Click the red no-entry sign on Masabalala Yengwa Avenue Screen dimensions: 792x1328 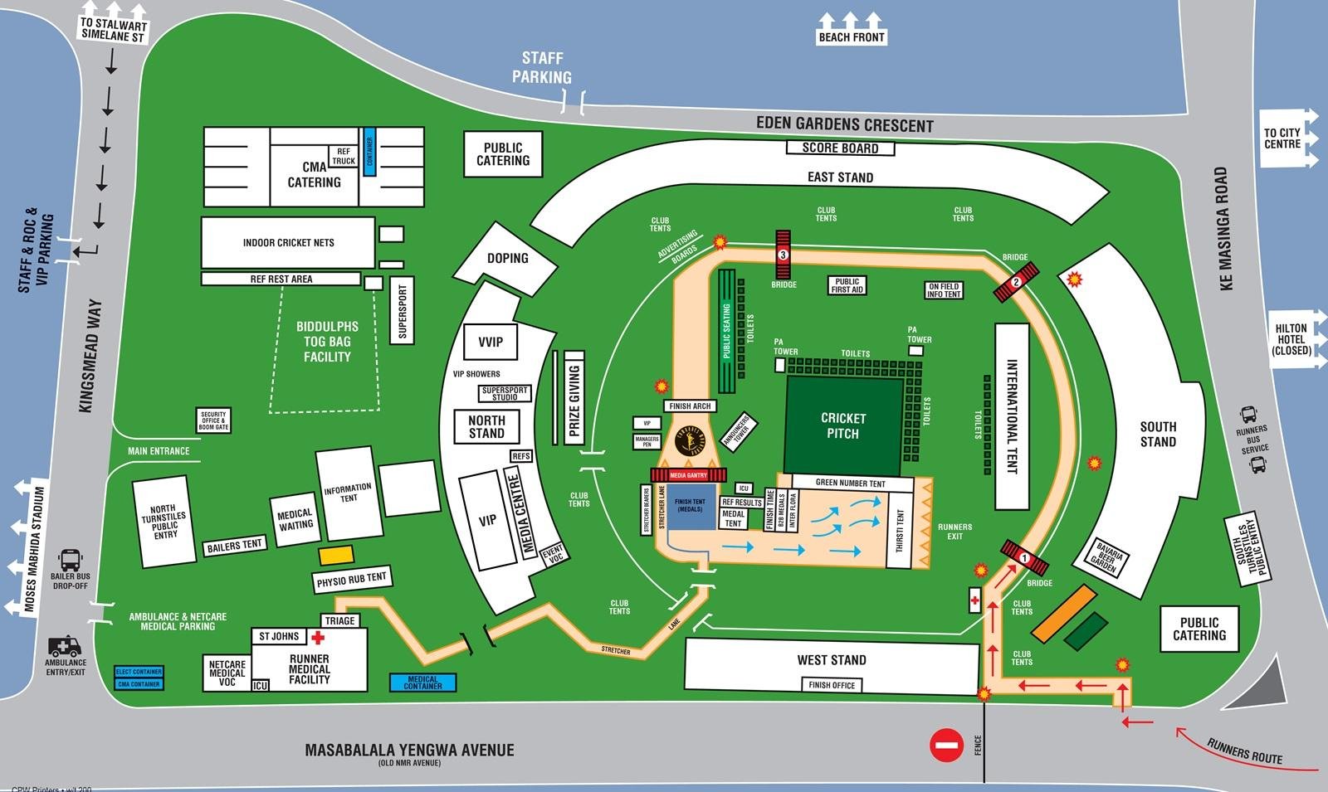pos(946,745)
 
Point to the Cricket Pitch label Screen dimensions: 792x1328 pos(843,425)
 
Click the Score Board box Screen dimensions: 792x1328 pos(840,148)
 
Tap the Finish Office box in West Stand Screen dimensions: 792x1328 pos(831,685)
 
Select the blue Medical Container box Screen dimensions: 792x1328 pos(422,683)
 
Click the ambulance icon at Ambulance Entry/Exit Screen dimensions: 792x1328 pos(64,646)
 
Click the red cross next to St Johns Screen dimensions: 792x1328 pos(317,637)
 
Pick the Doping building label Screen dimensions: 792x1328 pos(507,258)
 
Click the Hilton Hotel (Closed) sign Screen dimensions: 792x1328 pos(1291,339)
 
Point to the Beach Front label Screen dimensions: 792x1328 pos(852,37)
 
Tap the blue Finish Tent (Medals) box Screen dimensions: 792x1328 pos(689,506)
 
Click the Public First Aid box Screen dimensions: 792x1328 pos(847,285)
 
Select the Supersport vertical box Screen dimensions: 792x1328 pos(403,311)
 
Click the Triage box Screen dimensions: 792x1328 pos(340,620)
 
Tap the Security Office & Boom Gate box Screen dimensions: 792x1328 pos(213,420)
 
